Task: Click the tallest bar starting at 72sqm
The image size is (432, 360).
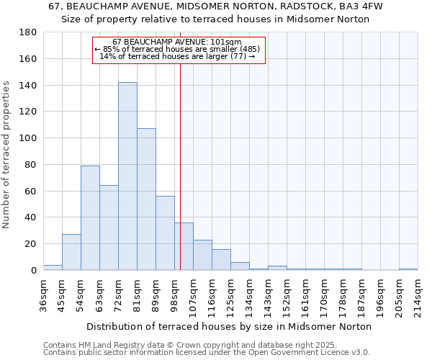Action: (127, 176)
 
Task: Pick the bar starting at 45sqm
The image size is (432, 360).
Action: (71, 252)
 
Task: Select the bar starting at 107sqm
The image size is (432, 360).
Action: (202, 255)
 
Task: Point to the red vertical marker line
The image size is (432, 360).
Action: (180, 166)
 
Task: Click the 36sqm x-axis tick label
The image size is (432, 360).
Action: (43, 294)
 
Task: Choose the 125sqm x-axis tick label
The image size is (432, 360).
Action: (230, 294)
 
